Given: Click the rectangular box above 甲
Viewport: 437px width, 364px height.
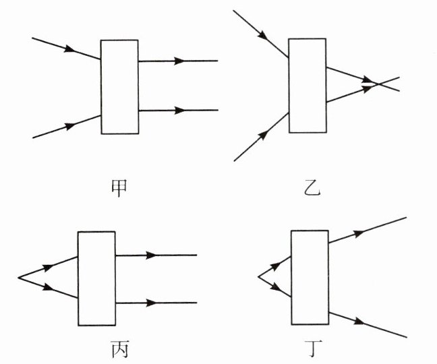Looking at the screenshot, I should [x=119, y=87].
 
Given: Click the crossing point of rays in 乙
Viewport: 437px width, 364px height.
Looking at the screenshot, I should [x=378, y=84].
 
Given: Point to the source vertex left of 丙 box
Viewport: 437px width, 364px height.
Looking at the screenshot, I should [x=18, y=276].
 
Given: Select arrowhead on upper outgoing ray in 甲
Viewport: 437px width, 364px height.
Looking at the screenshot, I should [x=179, y=61].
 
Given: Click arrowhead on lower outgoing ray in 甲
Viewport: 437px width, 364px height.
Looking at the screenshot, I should [x=179, y=110].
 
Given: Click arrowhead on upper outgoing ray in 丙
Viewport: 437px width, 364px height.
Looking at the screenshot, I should [x=152, y=255].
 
